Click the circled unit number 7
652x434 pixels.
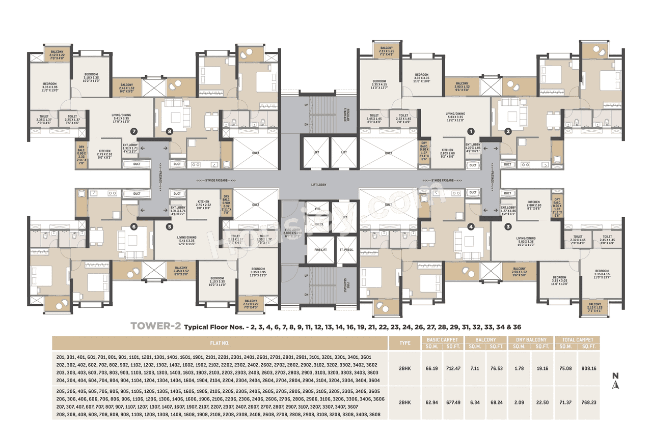(133, 131)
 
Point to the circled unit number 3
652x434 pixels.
(507, 227)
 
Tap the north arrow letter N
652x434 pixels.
(615, 376)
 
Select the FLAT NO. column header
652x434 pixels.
(220, 342)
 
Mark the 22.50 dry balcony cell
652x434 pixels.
(544, 402)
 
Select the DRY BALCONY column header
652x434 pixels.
(531, 339)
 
